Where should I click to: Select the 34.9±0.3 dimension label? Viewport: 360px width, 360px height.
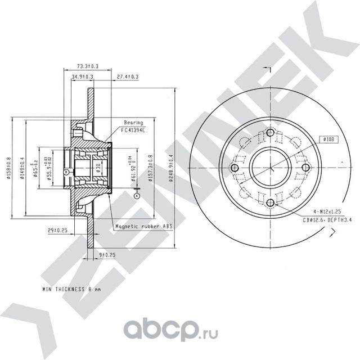[x=82, y=76]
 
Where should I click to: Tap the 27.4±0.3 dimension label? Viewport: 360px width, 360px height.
[x=128, y=76]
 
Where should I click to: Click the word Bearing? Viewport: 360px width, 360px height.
[x=134, y=122]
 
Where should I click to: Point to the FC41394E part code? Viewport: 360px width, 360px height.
[x=133, y=129]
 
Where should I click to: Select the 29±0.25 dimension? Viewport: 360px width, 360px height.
[x=57, y=230]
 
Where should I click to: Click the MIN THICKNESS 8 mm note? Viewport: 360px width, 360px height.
[x=71, y=289]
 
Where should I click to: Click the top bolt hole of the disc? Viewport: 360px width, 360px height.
[x=271, y=133]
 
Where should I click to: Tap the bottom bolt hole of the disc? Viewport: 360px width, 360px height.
[x=271, y=202]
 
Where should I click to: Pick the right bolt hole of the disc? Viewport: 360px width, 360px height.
[x=305, y=168]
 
